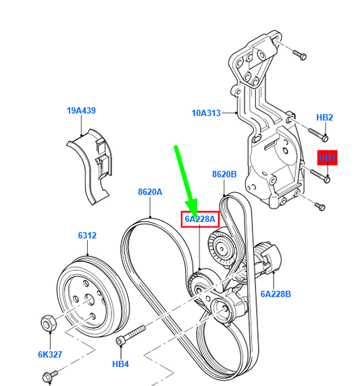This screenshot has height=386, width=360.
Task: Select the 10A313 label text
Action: click(x=207, y=113)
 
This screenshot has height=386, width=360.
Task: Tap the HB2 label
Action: click(x=325, y=117)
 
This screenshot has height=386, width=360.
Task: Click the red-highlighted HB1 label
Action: click(x=328, y=158)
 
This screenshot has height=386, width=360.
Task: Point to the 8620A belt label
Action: click(x=150, y=192)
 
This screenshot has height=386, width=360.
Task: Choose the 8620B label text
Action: click(x=224, y=174)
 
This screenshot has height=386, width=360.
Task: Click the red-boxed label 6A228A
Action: click(x=199, y=219)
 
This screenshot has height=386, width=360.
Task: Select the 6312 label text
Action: click(x=87, y=236)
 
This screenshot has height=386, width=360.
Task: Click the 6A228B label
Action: click(x=276, y=294)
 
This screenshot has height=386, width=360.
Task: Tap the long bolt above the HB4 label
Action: click(x=131, y=335)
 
